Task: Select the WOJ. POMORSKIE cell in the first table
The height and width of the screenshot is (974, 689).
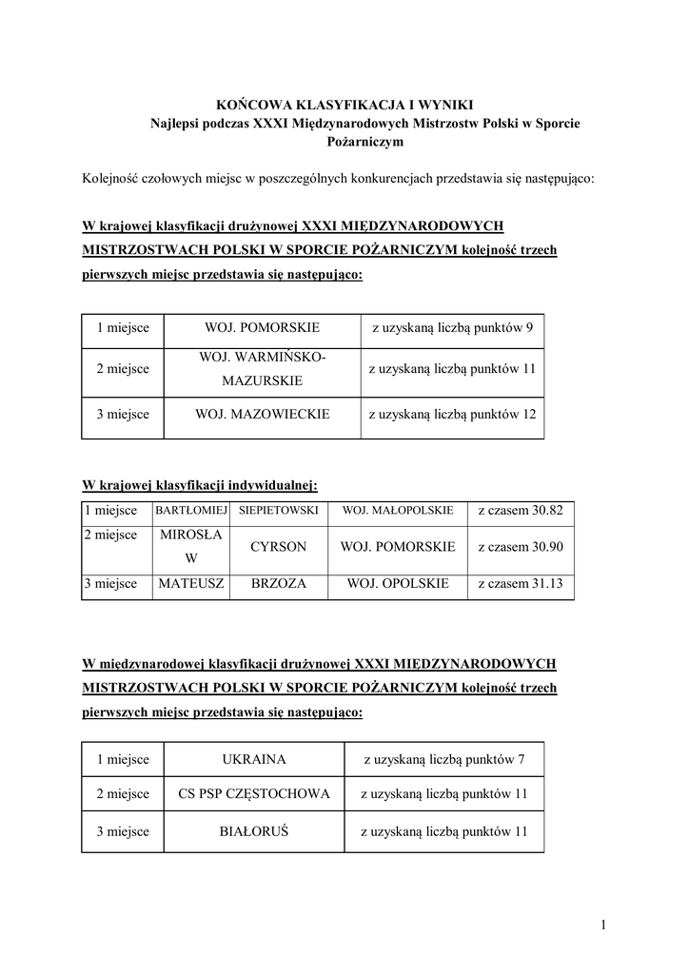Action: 262,328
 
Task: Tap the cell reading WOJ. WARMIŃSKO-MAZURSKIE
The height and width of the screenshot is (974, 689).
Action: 262,368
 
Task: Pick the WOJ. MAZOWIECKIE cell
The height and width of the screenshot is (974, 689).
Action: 262,414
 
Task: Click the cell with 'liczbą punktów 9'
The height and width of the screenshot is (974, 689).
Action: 451,328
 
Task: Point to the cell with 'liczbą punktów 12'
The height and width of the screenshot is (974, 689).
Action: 451,414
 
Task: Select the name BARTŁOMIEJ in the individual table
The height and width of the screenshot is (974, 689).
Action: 190,511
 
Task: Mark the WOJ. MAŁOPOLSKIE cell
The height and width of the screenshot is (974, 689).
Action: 397,511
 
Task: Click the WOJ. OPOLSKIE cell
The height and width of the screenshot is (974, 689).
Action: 397,583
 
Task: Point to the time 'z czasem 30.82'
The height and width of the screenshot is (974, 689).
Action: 521,511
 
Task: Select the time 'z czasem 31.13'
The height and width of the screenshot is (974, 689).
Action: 521,583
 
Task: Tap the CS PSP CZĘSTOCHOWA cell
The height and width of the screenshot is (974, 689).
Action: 254,794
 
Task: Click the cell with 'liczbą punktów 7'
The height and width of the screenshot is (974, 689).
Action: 443,759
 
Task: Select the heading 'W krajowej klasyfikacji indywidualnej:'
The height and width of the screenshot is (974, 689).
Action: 199,485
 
